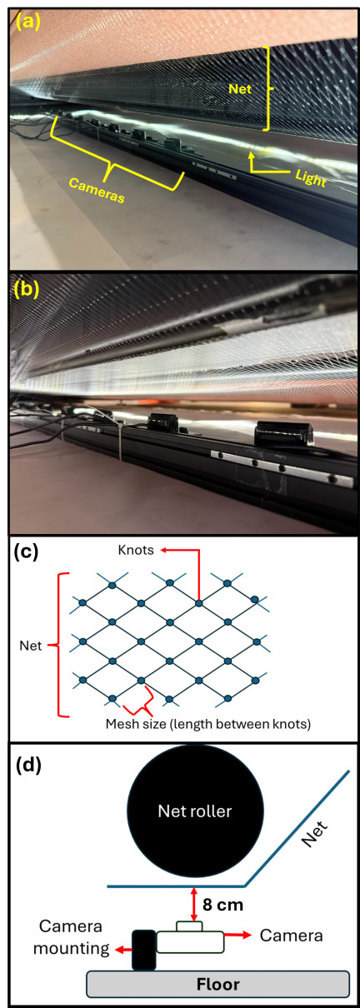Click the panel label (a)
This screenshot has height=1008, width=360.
[27, 21]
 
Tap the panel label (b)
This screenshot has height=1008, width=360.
[27, 289]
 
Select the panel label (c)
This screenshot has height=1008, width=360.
[26, 552]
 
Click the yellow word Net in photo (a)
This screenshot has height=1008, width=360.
[240, 88]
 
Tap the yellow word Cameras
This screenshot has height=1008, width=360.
[97, 191]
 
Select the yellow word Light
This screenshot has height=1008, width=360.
[311, 178]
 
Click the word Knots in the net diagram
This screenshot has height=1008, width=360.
[136, 550]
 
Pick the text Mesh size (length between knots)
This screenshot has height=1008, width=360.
[207, 724]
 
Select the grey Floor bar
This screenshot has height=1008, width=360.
[217, 984]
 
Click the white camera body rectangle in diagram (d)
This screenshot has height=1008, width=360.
[190, 942]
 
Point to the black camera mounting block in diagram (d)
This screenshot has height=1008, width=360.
[144, 950]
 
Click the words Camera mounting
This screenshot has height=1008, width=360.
[71, 937]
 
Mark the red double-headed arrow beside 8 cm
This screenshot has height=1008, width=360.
[194, 905]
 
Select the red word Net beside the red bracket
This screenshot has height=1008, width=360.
[31, 646]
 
